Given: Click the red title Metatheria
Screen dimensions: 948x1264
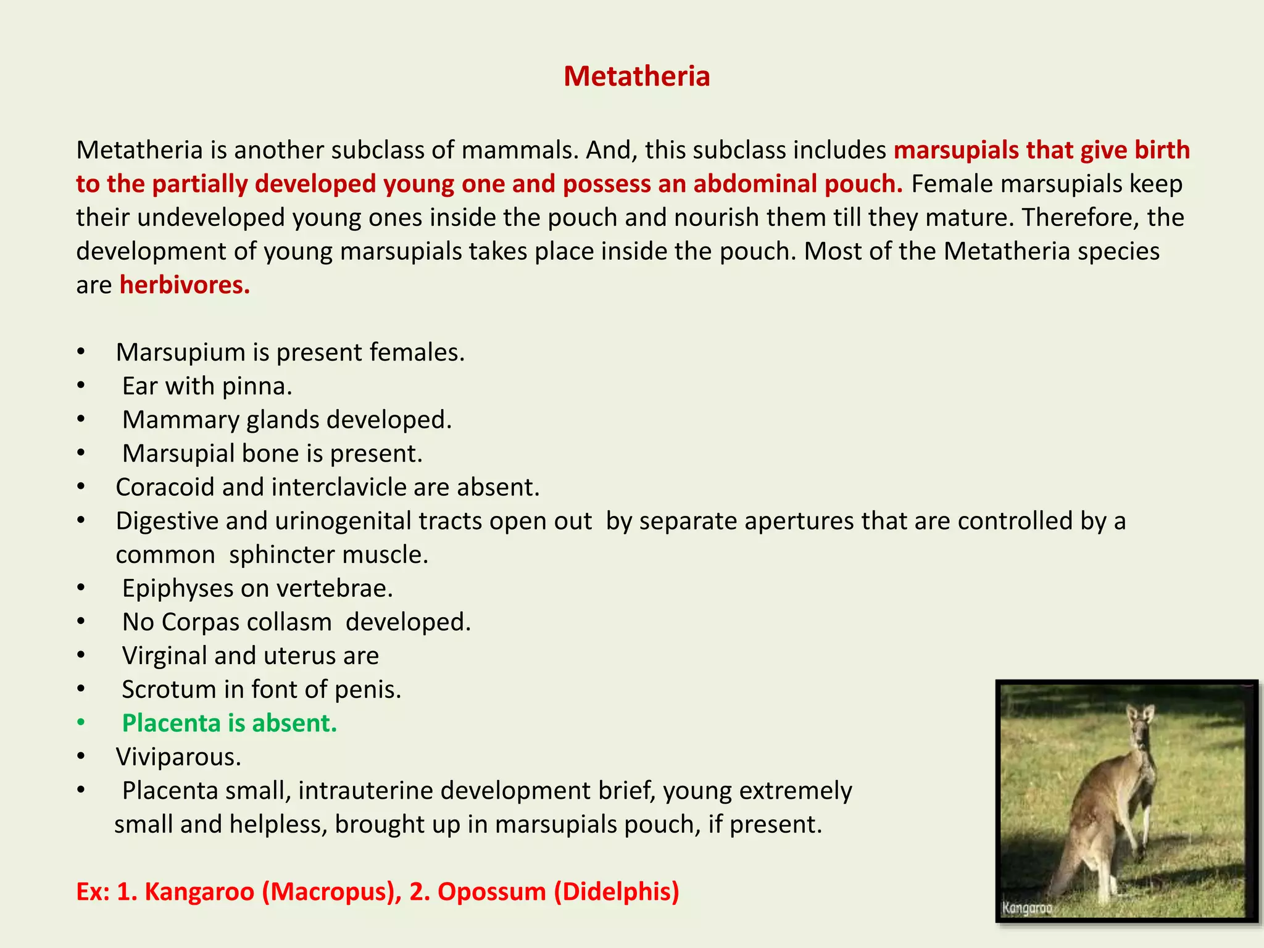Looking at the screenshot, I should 636,77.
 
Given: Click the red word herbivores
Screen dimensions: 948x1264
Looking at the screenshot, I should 184,285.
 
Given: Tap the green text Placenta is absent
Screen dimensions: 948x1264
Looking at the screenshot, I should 230,723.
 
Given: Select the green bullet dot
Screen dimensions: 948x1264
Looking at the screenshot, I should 81,723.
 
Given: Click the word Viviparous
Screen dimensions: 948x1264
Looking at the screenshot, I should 178,757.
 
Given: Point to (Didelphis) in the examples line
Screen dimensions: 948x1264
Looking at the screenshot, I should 617,892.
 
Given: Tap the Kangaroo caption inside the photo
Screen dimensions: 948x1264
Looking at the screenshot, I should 1027,908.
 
